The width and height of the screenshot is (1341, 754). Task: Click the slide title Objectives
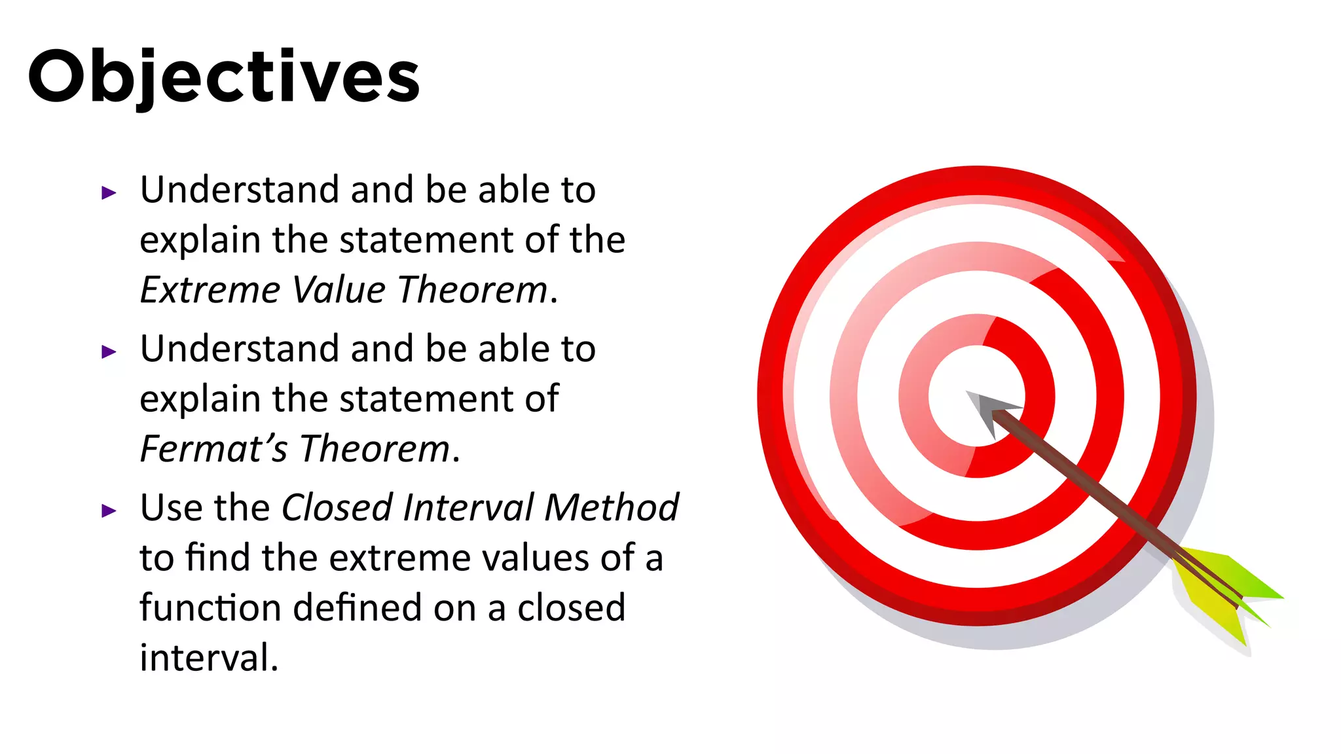point(224,77)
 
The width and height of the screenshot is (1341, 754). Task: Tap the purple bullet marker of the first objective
point(109,193)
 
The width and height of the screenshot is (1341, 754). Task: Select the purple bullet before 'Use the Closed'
point(109,511)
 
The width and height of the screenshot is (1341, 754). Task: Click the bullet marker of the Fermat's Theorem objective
point(109,352)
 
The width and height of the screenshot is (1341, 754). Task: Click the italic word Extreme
point(210,290)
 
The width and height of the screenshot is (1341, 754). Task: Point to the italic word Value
point(339,290)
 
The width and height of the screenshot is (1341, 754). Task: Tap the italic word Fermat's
point(213,449)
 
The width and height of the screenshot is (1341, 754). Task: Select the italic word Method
point(612,508)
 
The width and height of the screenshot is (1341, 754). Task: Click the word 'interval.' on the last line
point(209,658)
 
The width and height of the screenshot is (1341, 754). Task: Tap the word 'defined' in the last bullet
point(358,607)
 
